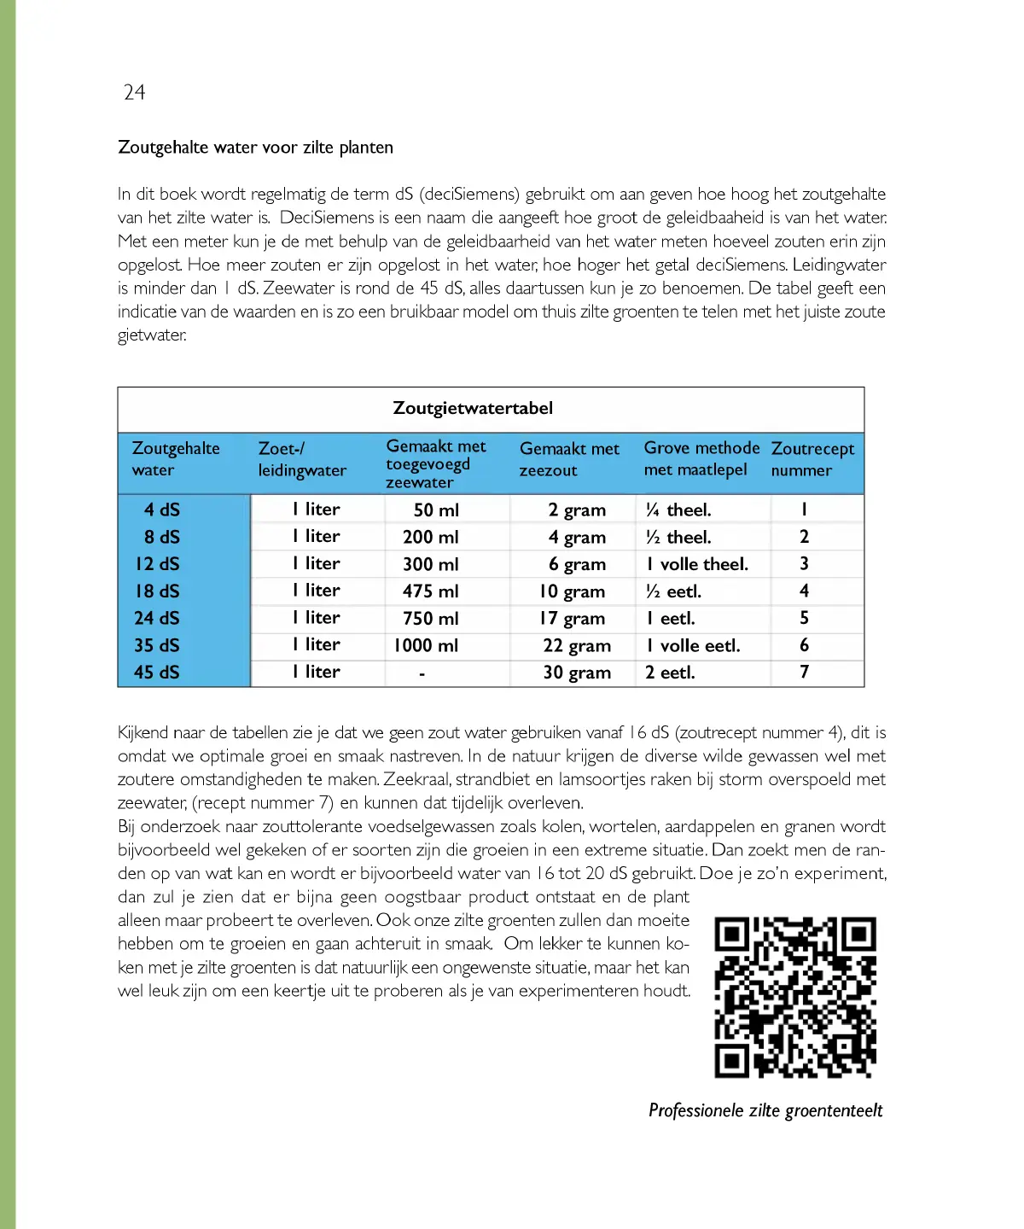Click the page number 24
(134, 92)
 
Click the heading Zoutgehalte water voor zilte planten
(255, 147)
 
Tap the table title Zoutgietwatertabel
(473, 408)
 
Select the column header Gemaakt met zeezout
(569, 459)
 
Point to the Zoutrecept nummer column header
(812, 459)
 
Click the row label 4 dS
(162, 510)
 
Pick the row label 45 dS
(157, 673)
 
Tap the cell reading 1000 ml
(426, 645)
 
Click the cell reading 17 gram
(573, 618)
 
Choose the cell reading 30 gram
(577, 673)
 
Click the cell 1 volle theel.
(697, 564)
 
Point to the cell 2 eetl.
(670, 673)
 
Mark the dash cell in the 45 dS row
(422, 673)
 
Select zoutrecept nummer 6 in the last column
(804, 645)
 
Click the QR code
(795, 997)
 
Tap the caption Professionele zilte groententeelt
(765, 1110)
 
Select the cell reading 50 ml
(436, 510)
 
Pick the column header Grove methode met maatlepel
(701, 459)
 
